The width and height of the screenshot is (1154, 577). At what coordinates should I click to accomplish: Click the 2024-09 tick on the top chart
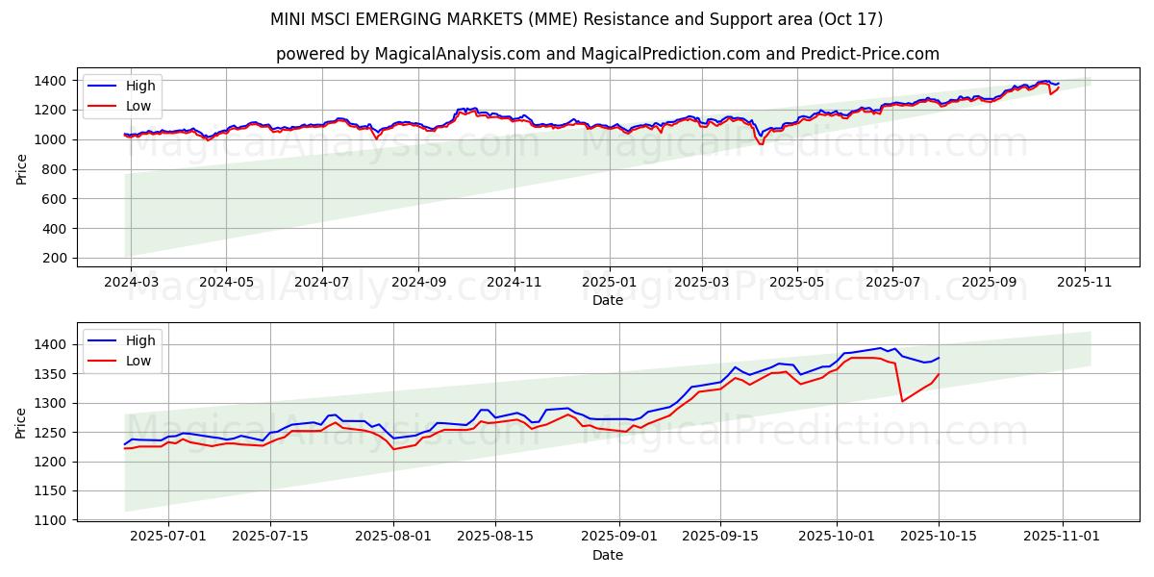coord(417,284)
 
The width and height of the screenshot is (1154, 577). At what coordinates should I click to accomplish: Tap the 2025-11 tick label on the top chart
coord(1085,284)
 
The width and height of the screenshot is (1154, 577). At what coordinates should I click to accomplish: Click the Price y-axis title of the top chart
coord(21,169)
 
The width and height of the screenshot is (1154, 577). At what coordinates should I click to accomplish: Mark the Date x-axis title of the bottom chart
coord(607,555)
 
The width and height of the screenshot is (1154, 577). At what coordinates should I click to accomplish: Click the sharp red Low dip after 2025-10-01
coord(902,401)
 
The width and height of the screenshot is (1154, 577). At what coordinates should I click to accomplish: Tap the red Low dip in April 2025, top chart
coord(762,144)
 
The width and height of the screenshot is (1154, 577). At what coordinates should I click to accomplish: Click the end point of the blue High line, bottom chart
coord(939,358)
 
